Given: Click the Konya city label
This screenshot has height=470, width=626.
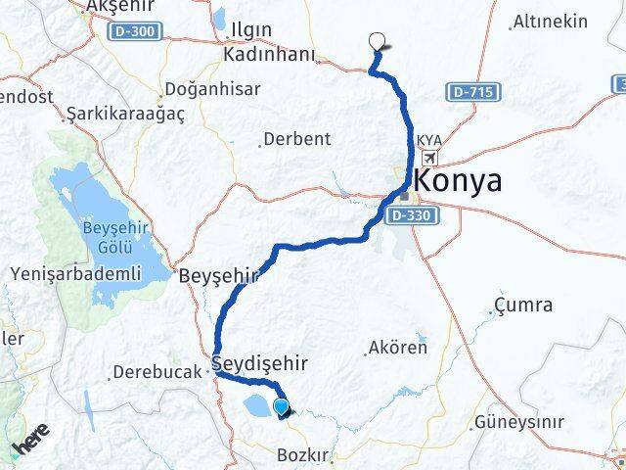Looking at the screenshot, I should coord(459,180).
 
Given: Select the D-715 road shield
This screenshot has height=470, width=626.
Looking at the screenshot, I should coord(474,92).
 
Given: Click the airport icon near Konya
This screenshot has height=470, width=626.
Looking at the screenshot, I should coord(431,157).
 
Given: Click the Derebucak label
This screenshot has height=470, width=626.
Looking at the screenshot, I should coord(156,372).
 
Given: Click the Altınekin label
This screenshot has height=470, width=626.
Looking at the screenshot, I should coord(551,22).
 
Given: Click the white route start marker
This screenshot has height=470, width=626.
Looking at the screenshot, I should coord(378,41).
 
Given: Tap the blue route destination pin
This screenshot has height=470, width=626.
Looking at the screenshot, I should coord(282,407).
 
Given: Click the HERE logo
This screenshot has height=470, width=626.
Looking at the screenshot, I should coord(31,437).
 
